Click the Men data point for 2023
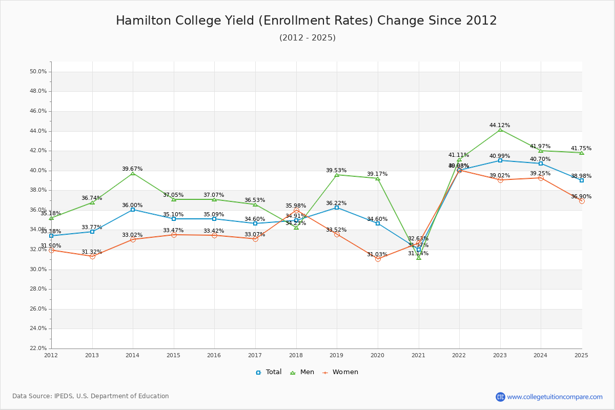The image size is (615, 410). point(500,130)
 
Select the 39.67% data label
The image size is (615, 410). point(132,169)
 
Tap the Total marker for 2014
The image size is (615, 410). point(133,210)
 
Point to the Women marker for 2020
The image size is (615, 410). point(378,259)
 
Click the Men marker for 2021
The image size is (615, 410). point(419,257)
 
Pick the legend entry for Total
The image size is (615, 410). point(269,372)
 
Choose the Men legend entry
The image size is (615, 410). point(303,372)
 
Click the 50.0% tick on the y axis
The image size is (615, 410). point(38,72)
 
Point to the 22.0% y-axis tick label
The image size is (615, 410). point(38,348)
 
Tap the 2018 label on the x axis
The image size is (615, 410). point(296,355)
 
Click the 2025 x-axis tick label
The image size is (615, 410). point(581,355)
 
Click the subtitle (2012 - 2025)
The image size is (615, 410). point(307,38)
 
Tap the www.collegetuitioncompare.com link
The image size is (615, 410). point(555,397)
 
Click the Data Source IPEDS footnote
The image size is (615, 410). point(91,396)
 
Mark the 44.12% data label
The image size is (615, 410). point(500,125)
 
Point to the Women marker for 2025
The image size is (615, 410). point(582,201)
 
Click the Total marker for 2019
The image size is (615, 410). point(337,208)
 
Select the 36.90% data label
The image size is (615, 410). point(581,196)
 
